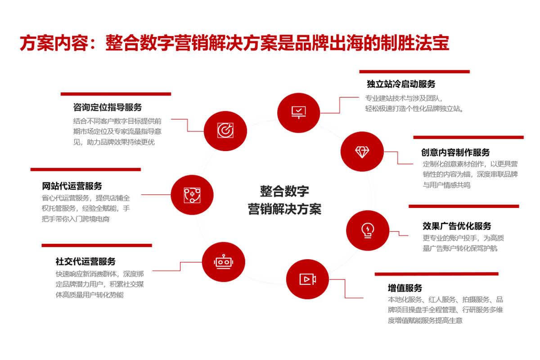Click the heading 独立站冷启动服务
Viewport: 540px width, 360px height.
[x=401, y=84]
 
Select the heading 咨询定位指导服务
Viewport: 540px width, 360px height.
[x=108, y=107]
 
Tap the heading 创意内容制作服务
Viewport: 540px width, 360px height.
[x=455, y=153]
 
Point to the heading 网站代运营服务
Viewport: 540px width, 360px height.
[x=72, y=186]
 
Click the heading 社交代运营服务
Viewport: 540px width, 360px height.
[x=85, y=261]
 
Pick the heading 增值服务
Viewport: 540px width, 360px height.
[x=405, y=288]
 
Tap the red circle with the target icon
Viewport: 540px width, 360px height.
[x=225, y=130]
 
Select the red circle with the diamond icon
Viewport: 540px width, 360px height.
[x=362, y=152]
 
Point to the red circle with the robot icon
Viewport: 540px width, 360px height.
[x=223, y=261]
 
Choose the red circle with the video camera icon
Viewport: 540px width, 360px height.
[x=307, y=279]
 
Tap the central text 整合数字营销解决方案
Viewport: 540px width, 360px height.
[x=284, y=200]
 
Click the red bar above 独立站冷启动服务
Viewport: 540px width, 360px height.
[x=414, y=72]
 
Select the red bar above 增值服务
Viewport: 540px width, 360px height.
[x=436, y=274]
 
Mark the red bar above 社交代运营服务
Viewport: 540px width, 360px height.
[x=97, y=246]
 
